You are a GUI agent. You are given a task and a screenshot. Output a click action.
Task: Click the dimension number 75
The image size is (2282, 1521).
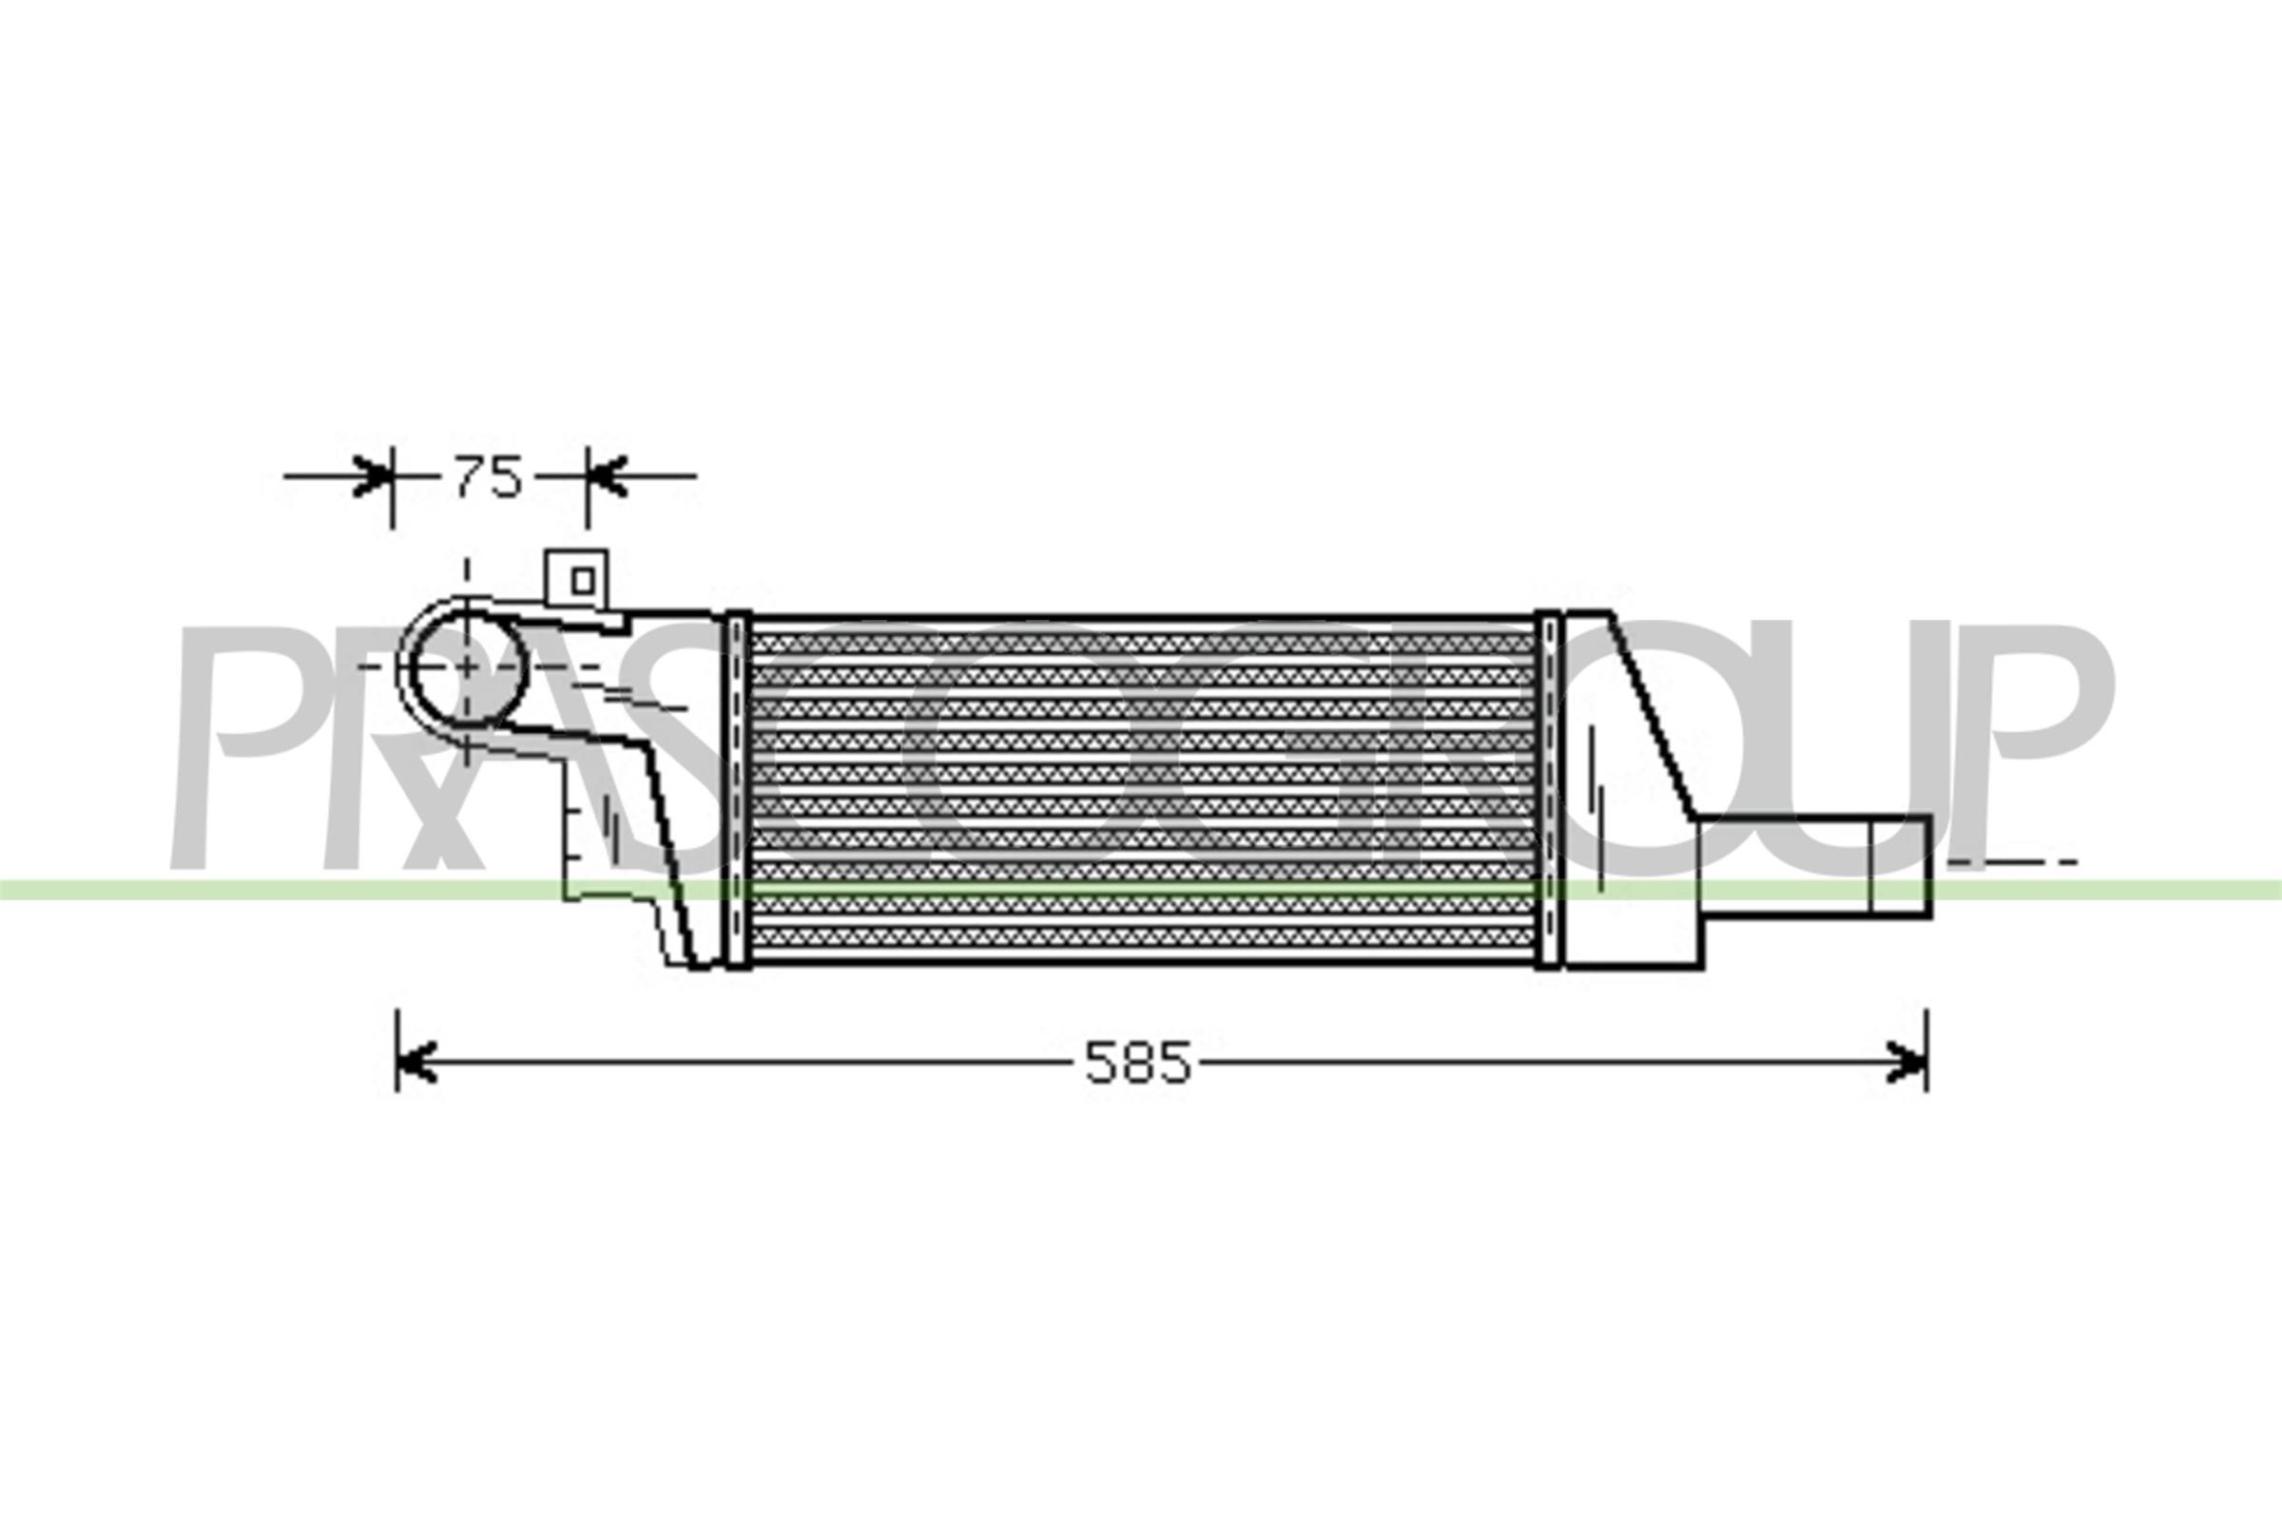pos(488,477)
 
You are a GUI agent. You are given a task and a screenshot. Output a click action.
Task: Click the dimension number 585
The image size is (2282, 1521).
pos(1137,1063)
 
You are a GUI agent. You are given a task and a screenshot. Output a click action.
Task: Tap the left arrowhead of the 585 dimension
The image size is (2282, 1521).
pos(416,1062)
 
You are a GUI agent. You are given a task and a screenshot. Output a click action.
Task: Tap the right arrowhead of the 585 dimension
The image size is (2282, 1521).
pos(1906,1062)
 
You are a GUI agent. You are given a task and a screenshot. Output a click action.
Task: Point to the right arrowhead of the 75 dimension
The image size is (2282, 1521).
pos(606,476)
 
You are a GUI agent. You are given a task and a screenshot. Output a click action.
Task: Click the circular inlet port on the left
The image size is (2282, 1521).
pos(467,667)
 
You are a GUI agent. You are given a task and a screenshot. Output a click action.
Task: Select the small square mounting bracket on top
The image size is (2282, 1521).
pos(576,579)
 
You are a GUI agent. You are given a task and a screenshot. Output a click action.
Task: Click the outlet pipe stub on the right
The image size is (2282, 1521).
pos(1814,865)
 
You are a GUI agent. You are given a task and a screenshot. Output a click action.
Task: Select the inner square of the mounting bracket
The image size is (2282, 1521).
pos(582,581)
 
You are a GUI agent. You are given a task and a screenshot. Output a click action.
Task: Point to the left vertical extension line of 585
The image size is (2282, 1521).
pos(396,1049)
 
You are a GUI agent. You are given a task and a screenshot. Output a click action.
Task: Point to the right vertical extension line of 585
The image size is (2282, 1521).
pos(1926,1049)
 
